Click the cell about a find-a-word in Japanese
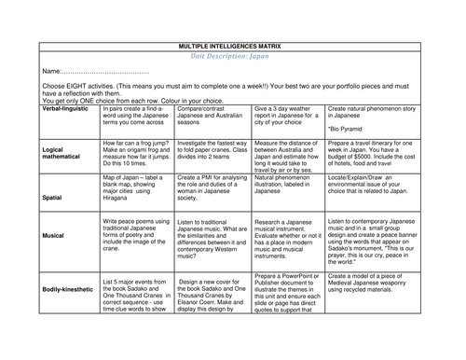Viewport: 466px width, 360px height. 136,115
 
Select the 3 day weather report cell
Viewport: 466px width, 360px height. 286,115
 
